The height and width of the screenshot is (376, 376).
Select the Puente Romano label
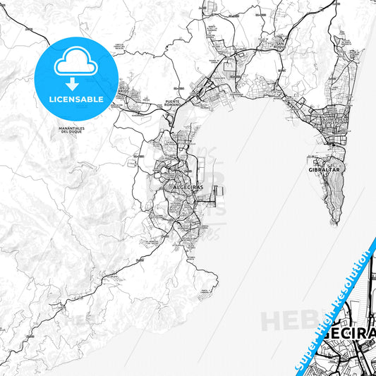[173, 104]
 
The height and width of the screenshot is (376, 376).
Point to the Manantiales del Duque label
[73, 130]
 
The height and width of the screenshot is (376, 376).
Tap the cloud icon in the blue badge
[75, 63]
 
